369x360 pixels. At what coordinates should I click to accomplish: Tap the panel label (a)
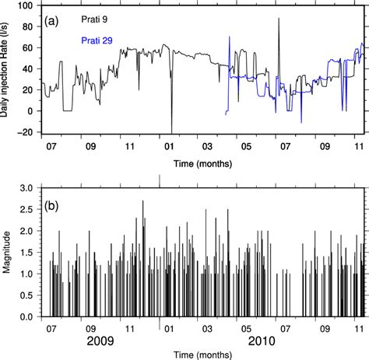pyautogui.click(x=55, y=16)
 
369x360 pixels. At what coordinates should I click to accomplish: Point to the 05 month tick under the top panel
pyautogui.click(x=245, y=145)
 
